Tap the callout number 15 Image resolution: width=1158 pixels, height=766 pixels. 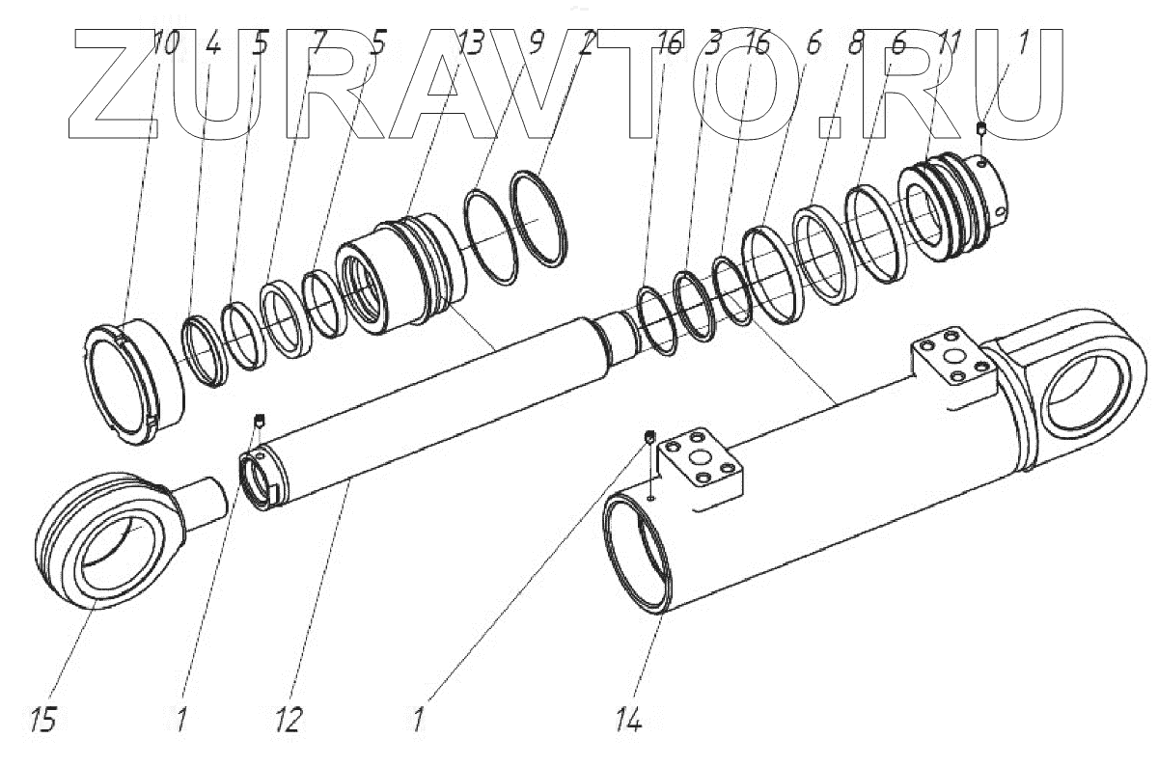43,719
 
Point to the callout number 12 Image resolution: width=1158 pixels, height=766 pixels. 289,719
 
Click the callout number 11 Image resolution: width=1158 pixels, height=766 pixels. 950,44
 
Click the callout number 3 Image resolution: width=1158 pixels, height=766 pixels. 715,44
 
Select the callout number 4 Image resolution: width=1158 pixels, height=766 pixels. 213,44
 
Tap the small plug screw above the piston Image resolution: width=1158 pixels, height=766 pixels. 981,129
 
